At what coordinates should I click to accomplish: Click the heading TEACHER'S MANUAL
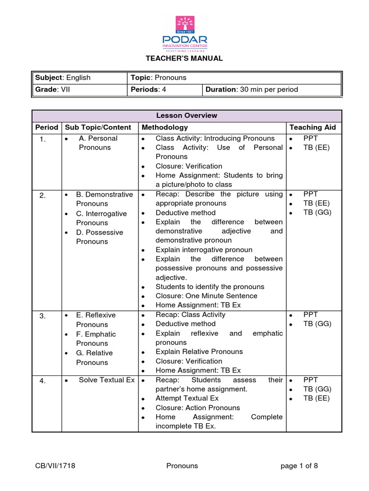pyautogui.click(x=184, y=58)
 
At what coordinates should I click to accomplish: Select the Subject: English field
pyautogui.click(x=62, y=78)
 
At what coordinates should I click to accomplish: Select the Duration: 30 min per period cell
pyautogui.click(x=252, y=90)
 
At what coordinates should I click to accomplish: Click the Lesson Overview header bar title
pyautogui.click(x=186, y=116)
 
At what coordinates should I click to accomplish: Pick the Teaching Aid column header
pyautogui.click(x=312, y=128)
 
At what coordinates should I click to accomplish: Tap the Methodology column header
pyautogui.click(x=165, y=128)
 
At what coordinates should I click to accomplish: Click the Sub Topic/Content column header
pyautogui.click(x=98, y=128)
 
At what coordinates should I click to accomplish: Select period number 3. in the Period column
pyautogui.click(x=43, y=316)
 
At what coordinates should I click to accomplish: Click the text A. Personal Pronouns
pyautogui.click(x=98, y=143)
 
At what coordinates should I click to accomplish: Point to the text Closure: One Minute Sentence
pyautogui.click(x=207, y=296)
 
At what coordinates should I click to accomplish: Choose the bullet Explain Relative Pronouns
pyautogui.click(x=199, y=352)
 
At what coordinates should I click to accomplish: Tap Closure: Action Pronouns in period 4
pyautogui.click(x=198, y=408)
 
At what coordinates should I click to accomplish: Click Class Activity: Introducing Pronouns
pyautogui.click(x=215, y=139)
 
